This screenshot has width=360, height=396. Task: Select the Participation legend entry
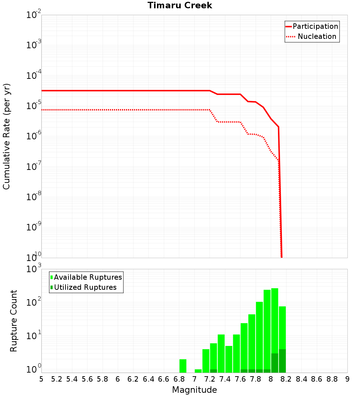coord(315,26)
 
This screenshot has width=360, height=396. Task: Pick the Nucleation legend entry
coord(316,36)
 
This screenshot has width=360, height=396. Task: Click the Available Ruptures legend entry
coord(88,277)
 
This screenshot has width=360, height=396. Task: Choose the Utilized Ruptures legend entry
coord(85,287)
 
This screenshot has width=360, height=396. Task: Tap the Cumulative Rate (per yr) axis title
coord(6,136)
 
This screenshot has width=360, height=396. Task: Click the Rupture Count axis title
coord(14,321)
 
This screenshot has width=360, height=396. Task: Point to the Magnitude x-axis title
coord(194,390)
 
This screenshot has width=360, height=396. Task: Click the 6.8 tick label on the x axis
coord(179,379)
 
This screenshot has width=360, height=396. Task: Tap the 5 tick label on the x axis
coord(41,379)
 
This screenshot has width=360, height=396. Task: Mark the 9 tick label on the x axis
coord(347,379)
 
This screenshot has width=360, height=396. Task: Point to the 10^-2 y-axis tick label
coord(33,15)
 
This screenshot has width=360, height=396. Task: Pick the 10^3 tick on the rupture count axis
coord(33,269)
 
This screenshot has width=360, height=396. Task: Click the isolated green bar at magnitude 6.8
coord(183,366)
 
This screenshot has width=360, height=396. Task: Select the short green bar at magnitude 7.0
coord(198,371)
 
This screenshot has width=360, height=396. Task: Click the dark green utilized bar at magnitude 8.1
coord(282,361)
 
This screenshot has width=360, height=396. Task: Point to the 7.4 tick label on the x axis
coord(225,379)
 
